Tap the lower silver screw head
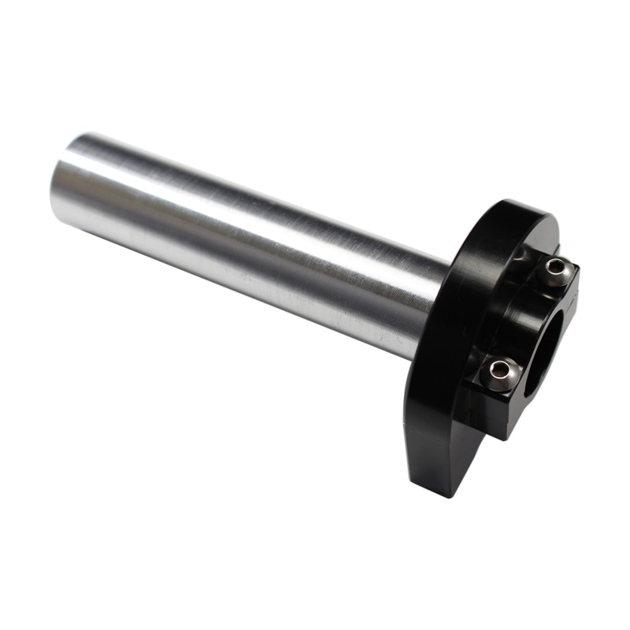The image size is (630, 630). (500, 372)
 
